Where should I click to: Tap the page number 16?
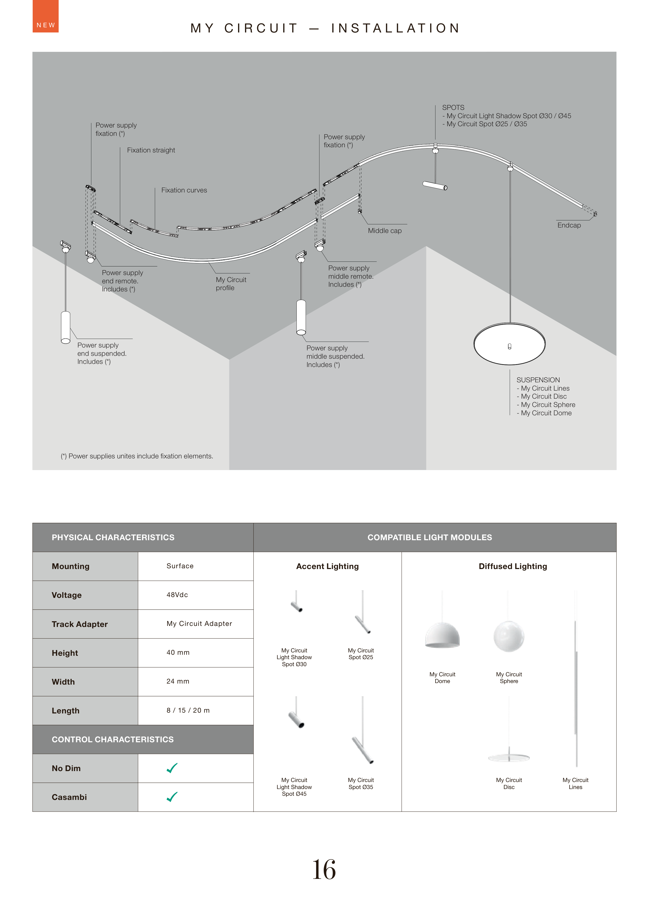[x=324, y=870]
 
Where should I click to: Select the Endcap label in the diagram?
[x=569, y=225]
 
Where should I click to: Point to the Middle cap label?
[x=384, y=231]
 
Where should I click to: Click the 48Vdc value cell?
[x=177, y=595]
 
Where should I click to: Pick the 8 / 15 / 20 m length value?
[x=188, y=710]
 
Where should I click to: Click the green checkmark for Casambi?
[x=172, y=797]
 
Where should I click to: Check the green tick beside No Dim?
[x=172, y=768]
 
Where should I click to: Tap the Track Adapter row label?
[x=79, y=624]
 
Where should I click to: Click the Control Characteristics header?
[x=113, y=739]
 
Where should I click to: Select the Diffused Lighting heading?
[x=513, y=566]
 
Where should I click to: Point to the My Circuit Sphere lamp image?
[x=509, y=636]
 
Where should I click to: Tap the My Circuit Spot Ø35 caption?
[x=361, y=784]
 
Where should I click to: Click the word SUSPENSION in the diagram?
[x=538, y=380]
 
